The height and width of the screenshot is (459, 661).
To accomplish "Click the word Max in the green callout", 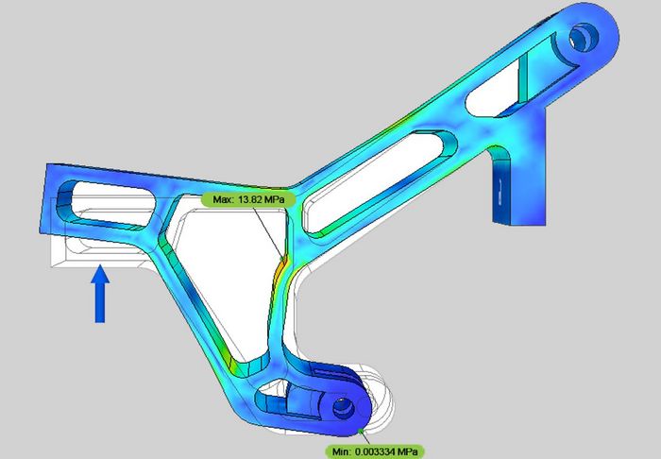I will pyautogui.click(x=221, y=199).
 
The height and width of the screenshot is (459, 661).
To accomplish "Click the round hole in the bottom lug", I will pyautogui.click(x=341, y=407).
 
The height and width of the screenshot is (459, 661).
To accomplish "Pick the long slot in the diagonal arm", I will pyautogui.click(x=387, y=170).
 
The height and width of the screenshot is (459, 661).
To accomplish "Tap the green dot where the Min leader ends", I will pyautogui.click(x=362, y=432).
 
